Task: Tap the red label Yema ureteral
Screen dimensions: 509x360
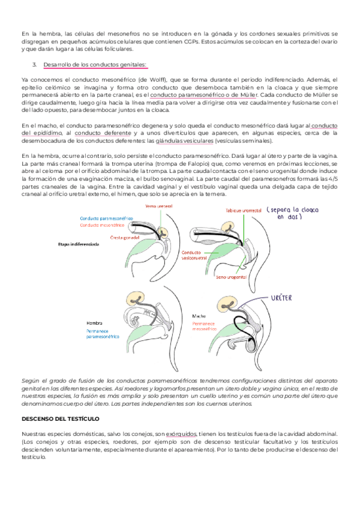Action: pyautogui.click(x=155, y=206)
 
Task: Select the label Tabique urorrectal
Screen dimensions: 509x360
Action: pyautogui.click(x=243, y=211)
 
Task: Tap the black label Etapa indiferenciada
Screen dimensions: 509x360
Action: pyautogui.click(x=79, y=244)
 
